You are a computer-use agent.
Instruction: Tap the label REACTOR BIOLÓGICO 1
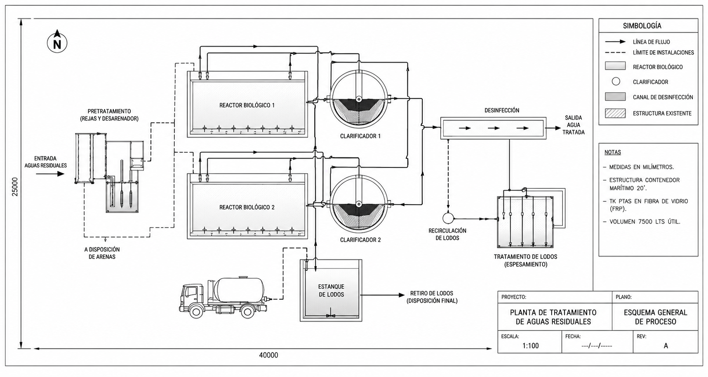click(x=247, y=105)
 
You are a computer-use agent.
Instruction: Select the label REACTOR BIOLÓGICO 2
click(x=247, y=207)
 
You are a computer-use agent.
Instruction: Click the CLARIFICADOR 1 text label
click(x=360, y=136)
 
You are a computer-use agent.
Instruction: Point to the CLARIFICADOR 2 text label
click(x=360, y=240)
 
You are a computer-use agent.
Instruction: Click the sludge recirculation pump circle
click(x=448, y=218)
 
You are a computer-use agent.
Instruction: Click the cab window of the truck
click(x=190, y=292)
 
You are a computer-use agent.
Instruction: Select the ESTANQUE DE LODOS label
click(x=331, y=291)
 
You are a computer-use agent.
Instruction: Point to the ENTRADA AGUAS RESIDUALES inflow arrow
click(x=50, y=174)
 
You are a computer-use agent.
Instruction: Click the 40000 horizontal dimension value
click(x=268, y=355)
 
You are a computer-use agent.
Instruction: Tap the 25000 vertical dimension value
click(x=15, y=187)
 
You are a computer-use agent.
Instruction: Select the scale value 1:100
click(x=530, y=346)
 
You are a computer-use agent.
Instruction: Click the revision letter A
click(x=666, y=346)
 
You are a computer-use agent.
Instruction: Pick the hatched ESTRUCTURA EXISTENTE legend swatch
click(x=615, y=113)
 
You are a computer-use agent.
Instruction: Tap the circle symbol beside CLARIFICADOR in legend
click(x=616, y=81)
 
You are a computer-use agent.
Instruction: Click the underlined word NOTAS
click(x=613, y=152)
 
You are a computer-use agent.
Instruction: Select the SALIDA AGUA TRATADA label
click(x=573, y=125)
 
